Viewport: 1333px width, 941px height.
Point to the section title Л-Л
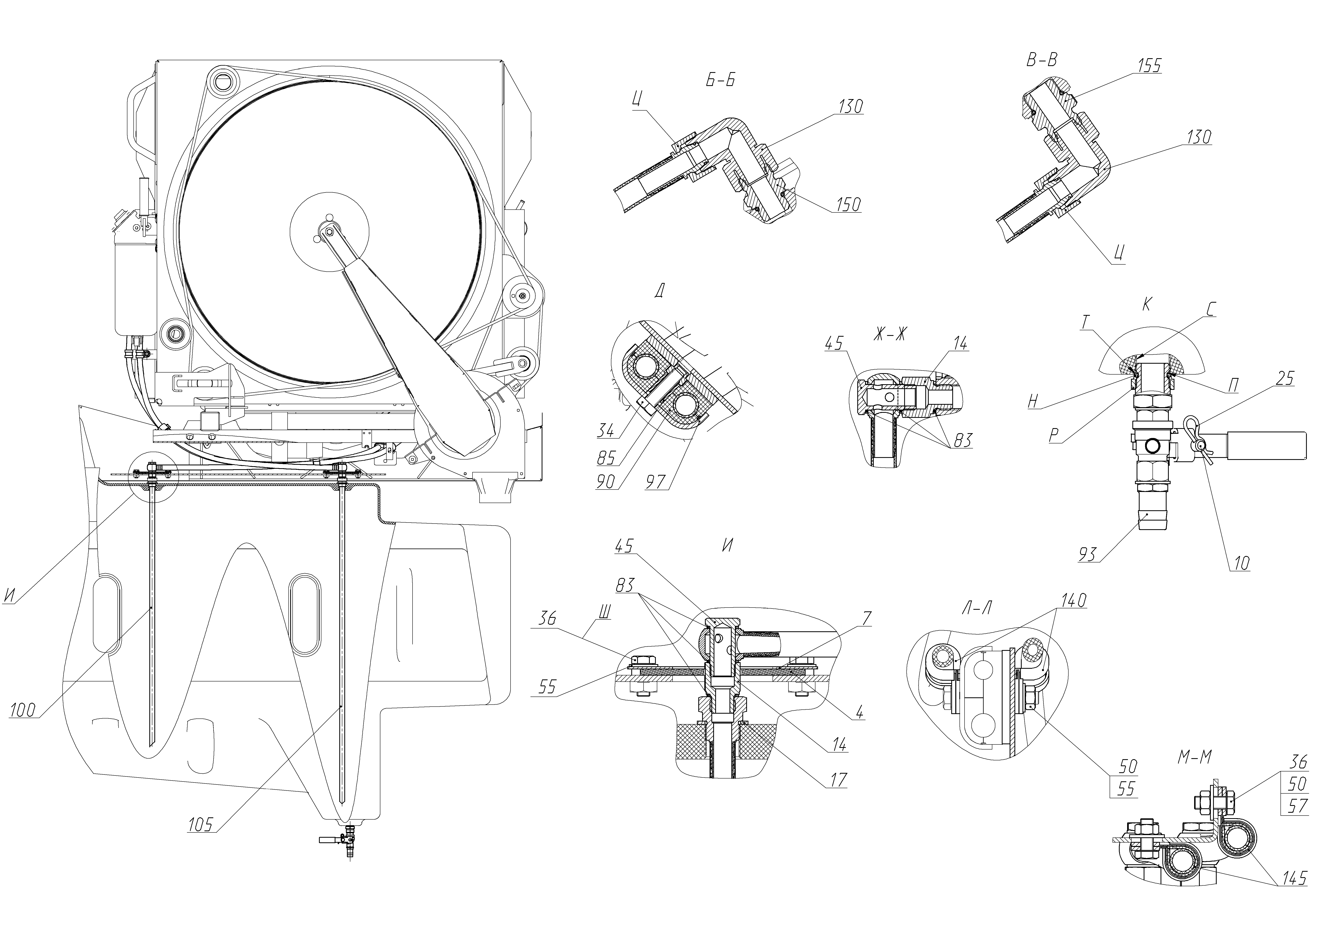point(977,608)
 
